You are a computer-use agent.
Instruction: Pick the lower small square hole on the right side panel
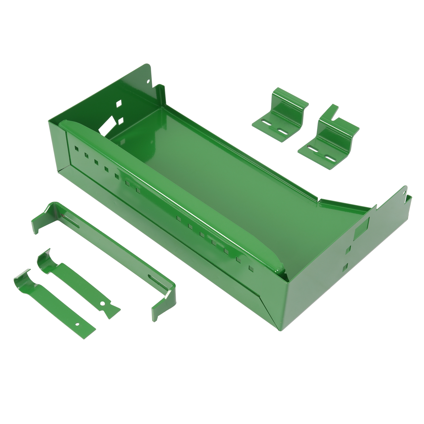pos(345,268)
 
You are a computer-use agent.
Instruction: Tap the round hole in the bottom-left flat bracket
pos(77,325)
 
